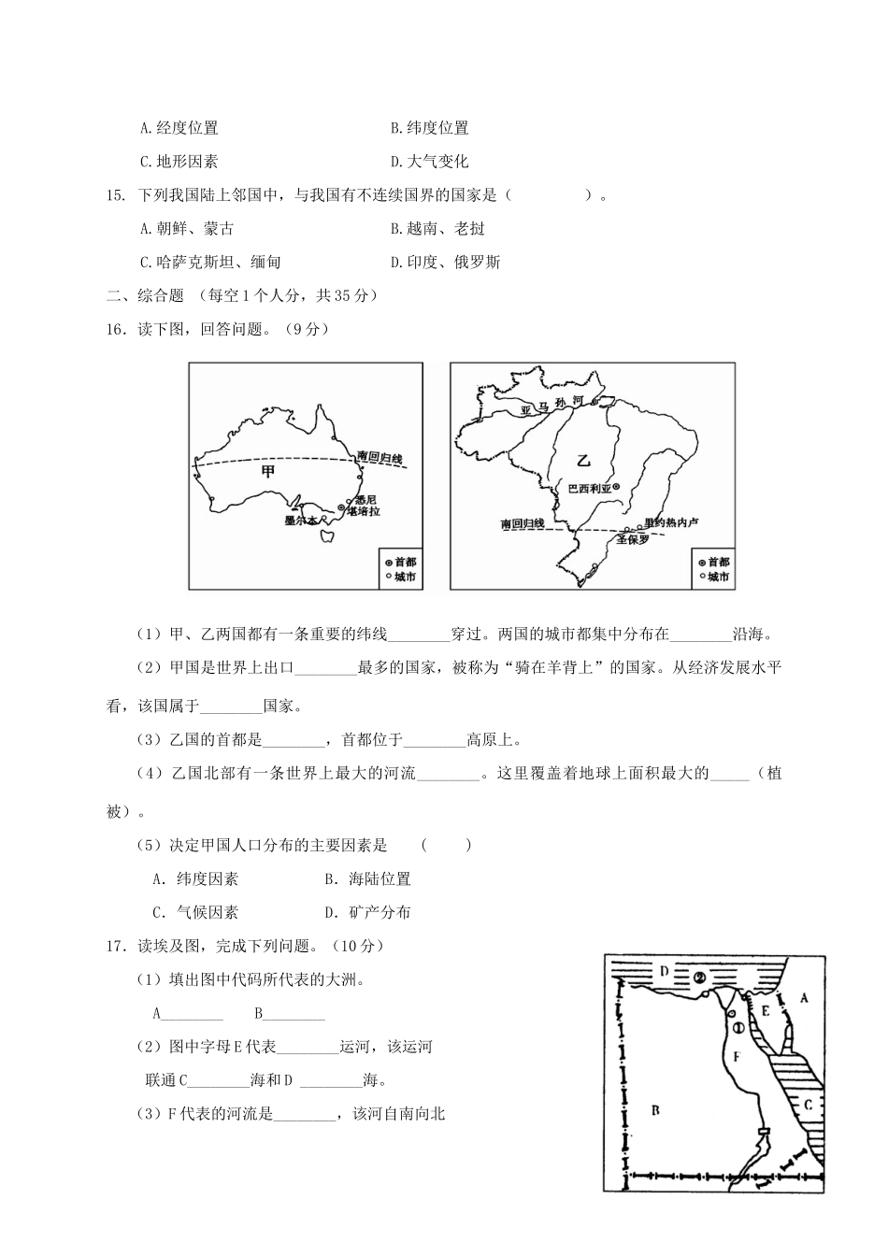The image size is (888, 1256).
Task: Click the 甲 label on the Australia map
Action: click(x=270, y=472)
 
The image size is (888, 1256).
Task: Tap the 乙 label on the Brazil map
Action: click(x=584, y=460)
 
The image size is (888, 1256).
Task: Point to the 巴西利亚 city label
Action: click(x=589, y=487)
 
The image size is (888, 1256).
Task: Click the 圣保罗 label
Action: click(x=633, y=539)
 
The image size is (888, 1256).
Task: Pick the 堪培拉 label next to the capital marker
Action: click(x=363, y=512)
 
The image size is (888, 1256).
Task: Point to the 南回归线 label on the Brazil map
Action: click(x=523, y=524)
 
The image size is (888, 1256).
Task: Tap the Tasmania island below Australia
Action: click(x=327, y=536)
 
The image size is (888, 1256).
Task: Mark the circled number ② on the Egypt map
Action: click(x=700, y=978)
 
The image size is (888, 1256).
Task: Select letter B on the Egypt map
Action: click(x=655, y=1109)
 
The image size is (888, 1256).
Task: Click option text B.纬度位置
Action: click(x=430, y=128)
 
